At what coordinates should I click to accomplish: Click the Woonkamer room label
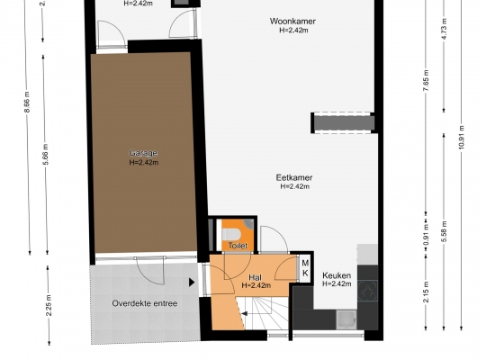coord(292,22)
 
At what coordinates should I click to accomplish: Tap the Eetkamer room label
coord(294,177)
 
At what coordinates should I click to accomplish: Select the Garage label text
coord(143,153)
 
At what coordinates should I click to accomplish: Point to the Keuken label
coord(337,275)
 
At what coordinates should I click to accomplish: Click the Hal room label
coord(255,277)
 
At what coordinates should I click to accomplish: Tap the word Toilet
coord(238,246)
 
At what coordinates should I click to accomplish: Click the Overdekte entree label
coord(145,303)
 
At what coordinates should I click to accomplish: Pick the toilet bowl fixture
coord(230,234)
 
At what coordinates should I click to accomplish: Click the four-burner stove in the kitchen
coord(367,291)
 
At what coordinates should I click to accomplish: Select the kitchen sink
coord(346,319)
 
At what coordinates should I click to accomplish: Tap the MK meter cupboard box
coord(305,268)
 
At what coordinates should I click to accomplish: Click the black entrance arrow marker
coord(192,283)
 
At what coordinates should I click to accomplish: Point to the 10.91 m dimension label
coord(462,137)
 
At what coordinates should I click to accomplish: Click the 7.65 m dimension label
coord(426,80)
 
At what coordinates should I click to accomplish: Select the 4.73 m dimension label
coord(444,29)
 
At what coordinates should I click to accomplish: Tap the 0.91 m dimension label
coord(427,234)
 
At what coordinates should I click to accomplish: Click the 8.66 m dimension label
coord(27,102)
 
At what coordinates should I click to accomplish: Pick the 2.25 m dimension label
coord(49,305)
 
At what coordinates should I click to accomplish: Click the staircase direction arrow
coord(244,314)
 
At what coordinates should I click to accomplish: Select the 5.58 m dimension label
coord(445,231)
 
